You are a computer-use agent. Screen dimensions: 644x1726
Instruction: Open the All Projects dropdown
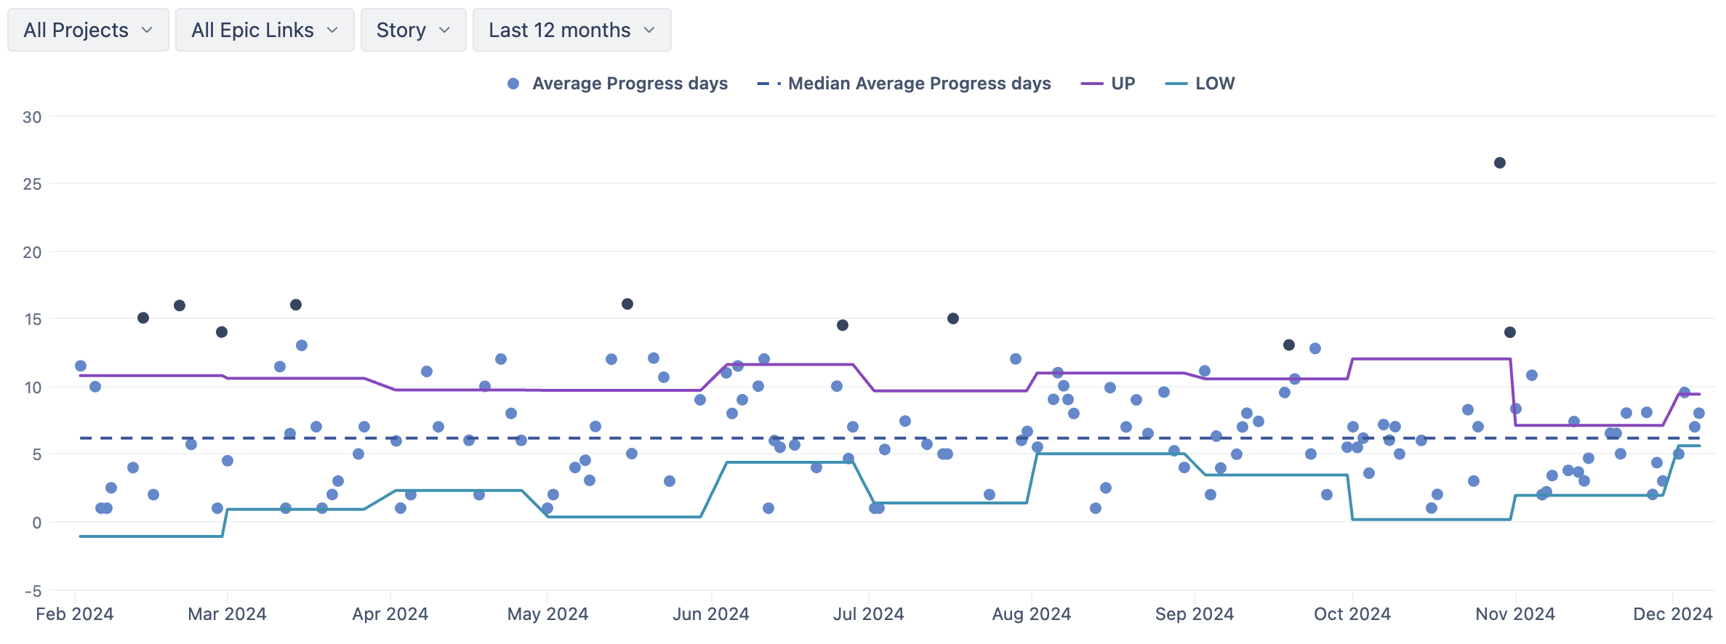point(88,30)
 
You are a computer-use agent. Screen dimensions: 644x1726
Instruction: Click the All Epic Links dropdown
point(265,30)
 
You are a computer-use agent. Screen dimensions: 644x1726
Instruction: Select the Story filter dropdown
point(413,30)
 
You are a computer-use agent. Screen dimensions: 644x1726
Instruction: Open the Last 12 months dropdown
point(571,30)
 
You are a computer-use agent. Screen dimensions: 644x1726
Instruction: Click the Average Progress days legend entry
point(618,84)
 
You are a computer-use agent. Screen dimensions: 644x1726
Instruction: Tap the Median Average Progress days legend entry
point(905,84)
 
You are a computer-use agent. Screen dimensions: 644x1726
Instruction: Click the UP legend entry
point(1109,84)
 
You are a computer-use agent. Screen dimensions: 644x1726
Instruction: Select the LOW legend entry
point(1201,84)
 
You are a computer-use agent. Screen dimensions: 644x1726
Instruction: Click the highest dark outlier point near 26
point(1500,163)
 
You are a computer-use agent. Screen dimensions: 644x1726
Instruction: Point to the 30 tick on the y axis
point(32,117)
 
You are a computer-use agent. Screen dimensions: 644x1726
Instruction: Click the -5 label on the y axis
point(33,591)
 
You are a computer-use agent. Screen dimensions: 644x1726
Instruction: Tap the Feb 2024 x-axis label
point(75,614)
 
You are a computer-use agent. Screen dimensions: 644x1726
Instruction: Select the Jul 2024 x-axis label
point(869,614)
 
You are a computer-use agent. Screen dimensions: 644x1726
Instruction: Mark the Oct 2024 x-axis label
point(1352,614)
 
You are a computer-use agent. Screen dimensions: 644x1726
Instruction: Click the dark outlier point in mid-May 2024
point(627,304)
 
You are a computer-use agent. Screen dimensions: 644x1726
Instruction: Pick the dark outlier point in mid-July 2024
point(953,318)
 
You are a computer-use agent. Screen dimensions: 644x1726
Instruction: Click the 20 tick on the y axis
point(32,252)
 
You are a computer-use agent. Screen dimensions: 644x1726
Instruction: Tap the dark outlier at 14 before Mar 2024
point(222,332)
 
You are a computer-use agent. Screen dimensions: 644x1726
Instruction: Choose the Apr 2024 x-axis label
point(390,614)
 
